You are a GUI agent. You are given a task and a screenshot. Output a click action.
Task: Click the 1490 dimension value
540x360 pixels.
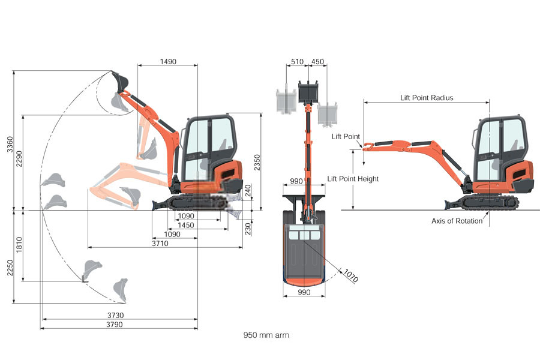pyautogui.click(x=168, y=61)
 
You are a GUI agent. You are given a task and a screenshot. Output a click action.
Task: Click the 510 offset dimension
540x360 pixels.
pyautogui.click(x=296, y=61)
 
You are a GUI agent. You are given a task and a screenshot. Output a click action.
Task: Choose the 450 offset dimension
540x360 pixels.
pyautogui.click(x=318, y=61)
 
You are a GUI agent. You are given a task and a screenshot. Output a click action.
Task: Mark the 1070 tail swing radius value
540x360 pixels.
pyautogui.click(x=350, y=275)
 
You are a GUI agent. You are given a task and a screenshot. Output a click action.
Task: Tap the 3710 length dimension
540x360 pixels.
pyautogui.click(x=160, y=243)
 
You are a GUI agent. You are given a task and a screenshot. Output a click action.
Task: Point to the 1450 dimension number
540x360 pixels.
pyautogui.click(x=186, y=225)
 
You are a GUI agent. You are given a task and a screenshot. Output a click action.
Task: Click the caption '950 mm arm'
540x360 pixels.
pyautogui.click(x=266, y=335)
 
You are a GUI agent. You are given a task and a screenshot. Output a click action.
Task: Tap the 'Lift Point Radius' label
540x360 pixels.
pyautogui.click(x=427, y=97)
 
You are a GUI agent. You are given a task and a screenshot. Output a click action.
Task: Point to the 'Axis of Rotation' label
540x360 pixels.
pyautogui.click(x=457, y=221)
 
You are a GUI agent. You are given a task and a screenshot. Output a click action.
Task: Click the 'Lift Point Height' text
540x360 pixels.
pyautogui.click(x=353, y=179)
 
